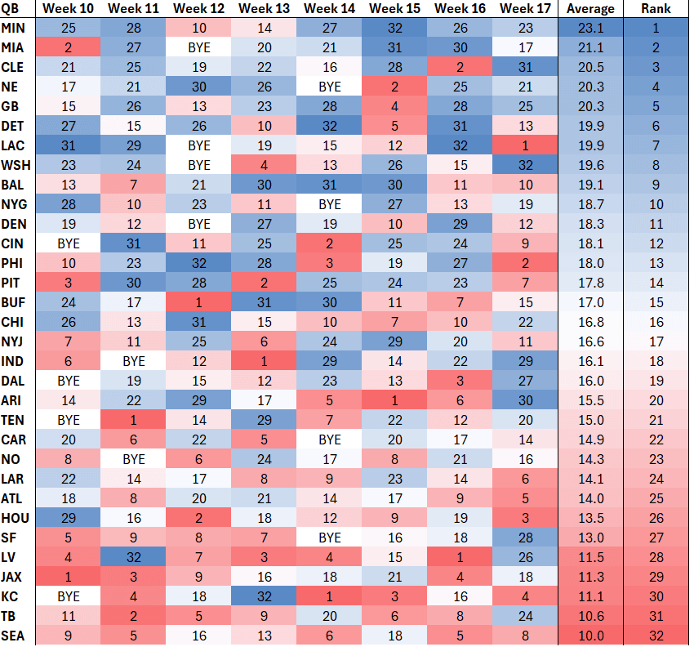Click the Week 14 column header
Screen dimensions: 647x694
330,9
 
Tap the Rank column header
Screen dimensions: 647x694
656,9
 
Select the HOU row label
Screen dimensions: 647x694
14,517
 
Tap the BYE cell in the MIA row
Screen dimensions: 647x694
199,48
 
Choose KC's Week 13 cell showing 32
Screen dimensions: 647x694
265,596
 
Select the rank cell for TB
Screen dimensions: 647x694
656,615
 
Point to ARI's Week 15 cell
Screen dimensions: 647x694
395,400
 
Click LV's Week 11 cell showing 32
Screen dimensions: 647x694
134,556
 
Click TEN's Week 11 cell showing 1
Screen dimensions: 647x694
134,420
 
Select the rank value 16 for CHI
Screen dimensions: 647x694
656,322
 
